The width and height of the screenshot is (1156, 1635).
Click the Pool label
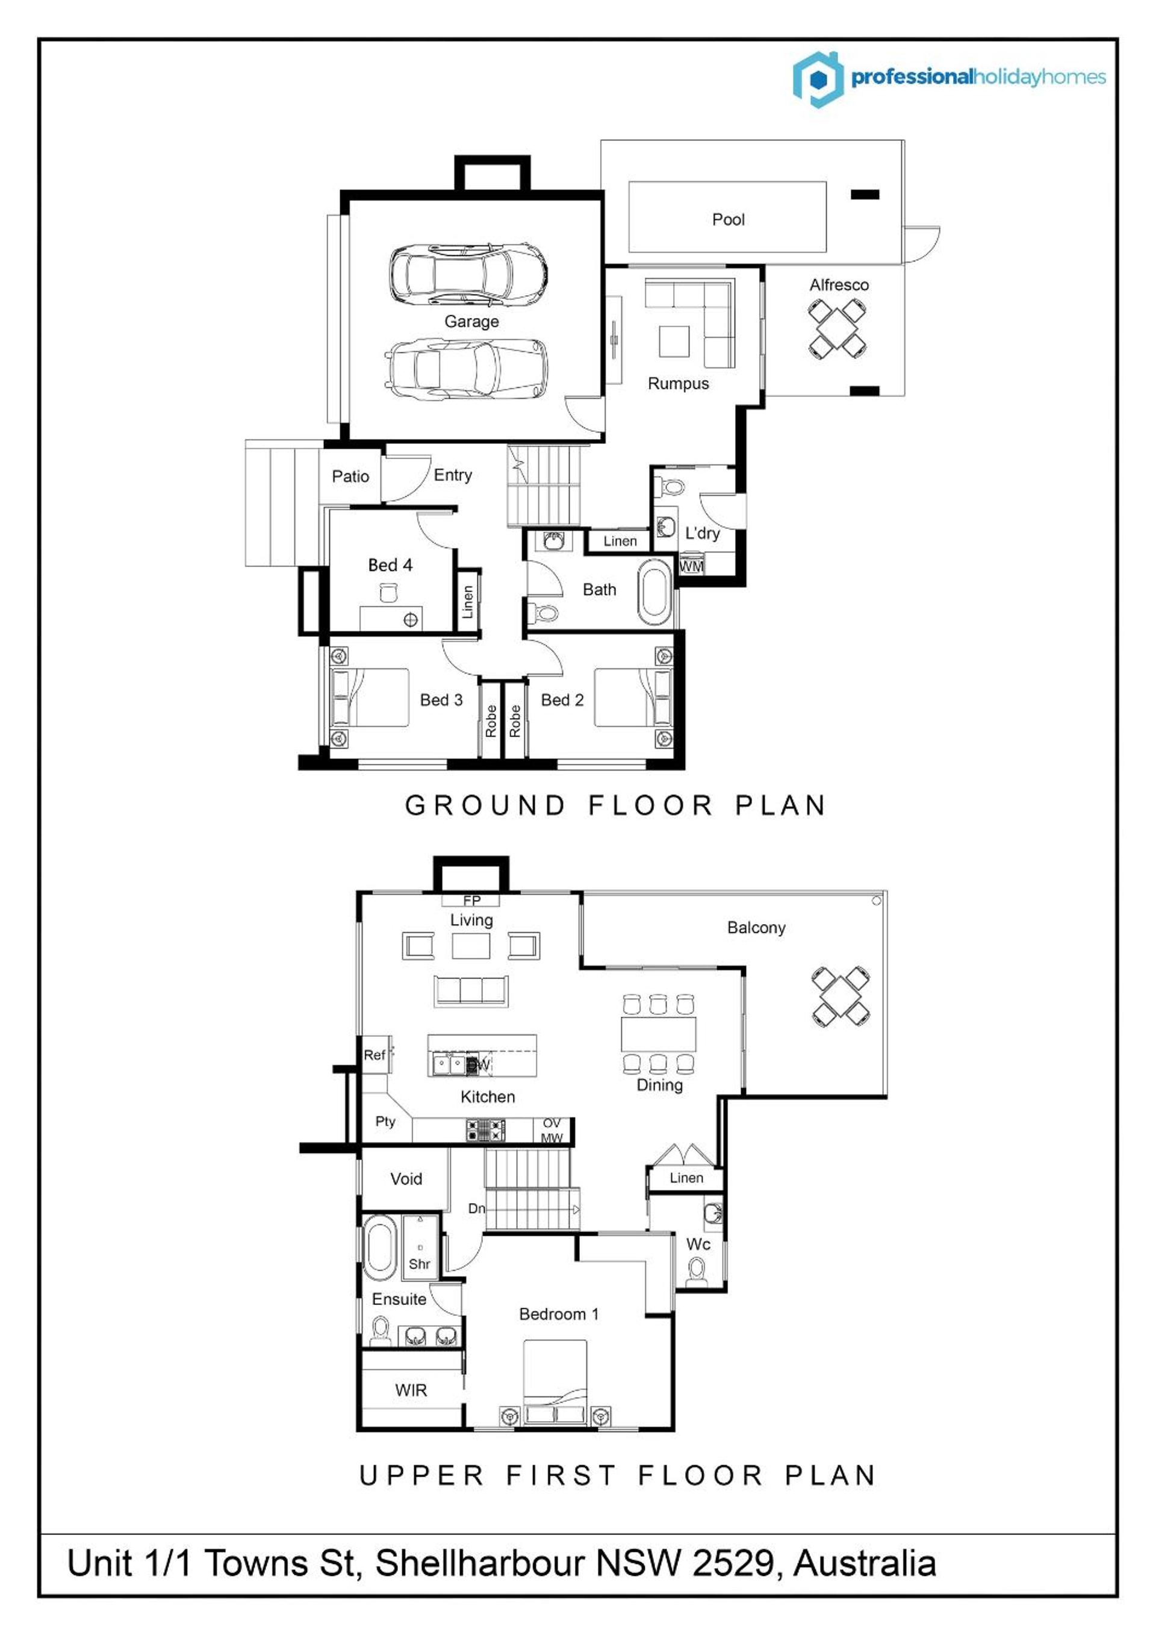point(728,219)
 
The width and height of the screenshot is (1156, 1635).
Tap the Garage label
point(471,321)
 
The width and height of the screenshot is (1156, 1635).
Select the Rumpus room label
point(679,384)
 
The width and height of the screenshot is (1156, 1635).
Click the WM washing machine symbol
point(691,566)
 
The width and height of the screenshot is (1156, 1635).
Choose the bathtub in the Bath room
point(655,592)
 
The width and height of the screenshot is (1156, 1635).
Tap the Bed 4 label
point(390,564)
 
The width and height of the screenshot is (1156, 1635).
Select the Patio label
point(350,477)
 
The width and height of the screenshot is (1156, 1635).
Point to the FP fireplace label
point(471,900)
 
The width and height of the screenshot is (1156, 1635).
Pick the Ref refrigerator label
point(374,1055)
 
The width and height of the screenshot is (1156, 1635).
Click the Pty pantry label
point(385,1121)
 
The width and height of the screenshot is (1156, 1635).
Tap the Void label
point(406,1178)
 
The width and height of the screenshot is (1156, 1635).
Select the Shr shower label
point(419,1263)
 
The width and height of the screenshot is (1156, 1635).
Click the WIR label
point(411,1389)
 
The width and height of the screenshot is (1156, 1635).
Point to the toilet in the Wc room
point(696,1270)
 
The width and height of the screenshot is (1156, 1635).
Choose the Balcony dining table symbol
point(841,996)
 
